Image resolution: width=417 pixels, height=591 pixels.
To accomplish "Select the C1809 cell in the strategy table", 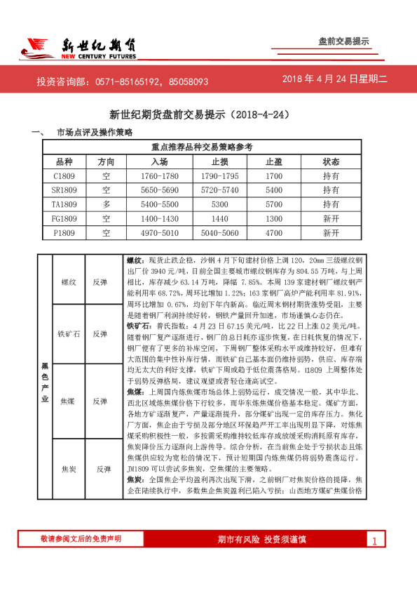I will (64, 175).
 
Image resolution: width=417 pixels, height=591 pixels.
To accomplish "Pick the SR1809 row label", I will (64, 190).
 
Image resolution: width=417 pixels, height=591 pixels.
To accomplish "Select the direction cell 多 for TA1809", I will (106, 204).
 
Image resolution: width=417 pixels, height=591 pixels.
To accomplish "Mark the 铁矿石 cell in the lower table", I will (69, 333).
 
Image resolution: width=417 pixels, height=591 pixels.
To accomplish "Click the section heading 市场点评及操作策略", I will (94, 132).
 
